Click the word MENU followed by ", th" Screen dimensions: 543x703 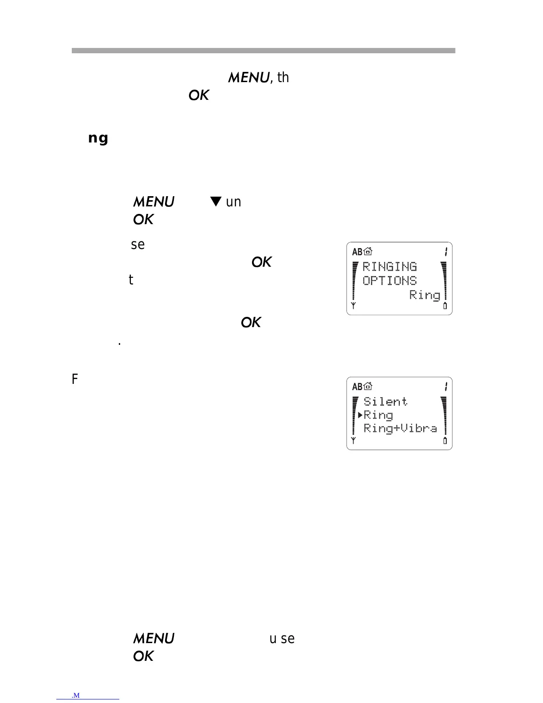[x=248, y=78]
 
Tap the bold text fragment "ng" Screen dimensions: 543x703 [x=98, y=138]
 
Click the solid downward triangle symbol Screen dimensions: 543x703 [x=216, y=201]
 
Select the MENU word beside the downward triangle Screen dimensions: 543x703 [x=153, y=202]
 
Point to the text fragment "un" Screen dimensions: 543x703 [x=233, y=202]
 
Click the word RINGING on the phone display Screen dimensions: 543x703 [x=390, y=266]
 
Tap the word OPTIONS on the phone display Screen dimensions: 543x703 [x=390, y=280]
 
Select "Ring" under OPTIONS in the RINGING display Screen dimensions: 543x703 [x=425, y=295]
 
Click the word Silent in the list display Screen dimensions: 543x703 [x=385, y=401]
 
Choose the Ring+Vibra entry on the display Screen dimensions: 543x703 [x=400, y=428]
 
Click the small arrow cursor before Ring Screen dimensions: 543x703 [x=360, y=415]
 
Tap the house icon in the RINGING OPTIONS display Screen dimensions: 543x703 [x=368, y=252]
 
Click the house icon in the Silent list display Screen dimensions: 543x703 [x=368, y=387]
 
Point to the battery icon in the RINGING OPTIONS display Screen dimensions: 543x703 [x=445, y=306]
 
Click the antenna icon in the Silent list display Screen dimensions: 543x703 [x=354, y=441]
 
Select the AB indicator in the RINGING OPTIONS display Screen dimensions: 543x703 [x=357, y=252]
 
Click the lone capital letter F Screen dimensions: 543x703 [x=75, y=379]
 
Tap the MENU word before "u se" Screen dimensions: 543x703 [x=153, y=639]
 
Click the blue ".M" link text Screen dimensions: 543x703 [x=75, y=695]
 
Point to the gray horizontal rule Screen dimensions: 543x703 [x=264, y=51]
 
